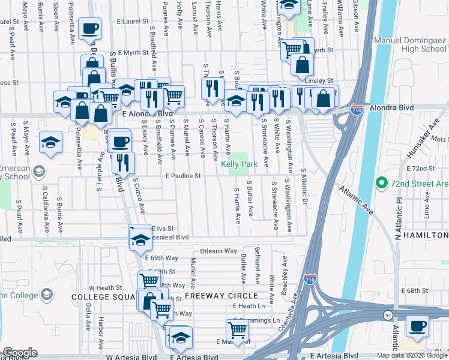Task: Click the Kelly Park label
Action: (239, 164)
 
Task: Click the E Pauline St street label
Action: (182, 176)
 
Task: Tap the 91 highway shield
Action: (388, 314)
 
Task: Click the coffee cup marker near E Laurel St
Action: (89, 29)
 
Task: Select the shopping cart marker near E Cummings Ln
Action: (238, 329)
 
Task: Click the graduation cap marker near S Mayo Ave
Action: (51, 142)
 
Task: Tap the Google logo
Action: (20, 353)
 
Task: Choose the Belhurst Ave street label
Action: (257, 265)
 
